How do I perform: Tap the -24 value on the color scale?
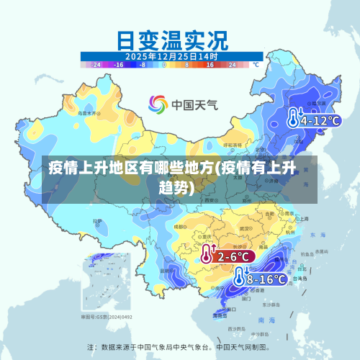click(x=96, y=65)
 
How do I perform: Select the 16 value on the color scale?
click(x=210, y=65)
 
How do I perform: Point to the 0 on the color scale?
click(x=164, y=65)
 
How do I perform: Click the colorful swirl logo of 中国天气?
click(x=158, y=105)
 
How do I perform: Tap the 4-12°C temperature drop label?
click(x=319, y=120)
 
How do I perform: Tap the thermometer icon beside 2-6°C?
click(x=207, y=254)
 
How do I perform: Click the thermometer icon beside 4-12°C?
click(x=294, y=119)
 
